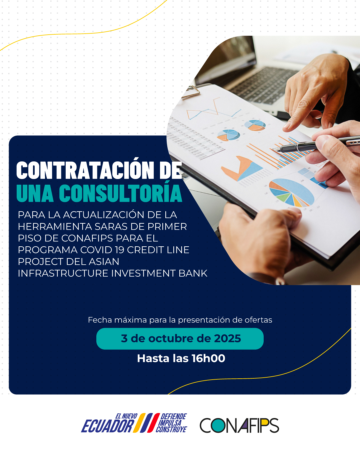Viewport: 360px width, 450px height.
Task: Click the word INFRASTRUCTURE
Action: [63, 273]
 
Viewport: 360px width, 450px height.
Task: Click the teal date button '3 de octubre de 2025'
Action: [180, 339]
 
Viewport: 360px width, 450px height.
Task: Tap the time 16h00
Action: [208, 358]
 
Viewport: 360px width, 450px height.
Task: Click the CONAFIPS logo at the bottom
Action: [239, 426]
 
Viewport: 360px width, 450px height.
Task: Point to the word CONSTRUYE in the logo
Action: [171, 430]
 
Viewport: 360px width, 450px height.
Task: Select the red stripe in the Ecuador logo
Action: [154, 423]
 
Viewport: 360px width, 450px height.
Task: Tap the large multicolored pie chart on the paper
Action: [291, 192]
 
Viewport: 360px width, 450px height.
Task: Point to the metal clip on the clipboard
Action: [191, 92]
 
